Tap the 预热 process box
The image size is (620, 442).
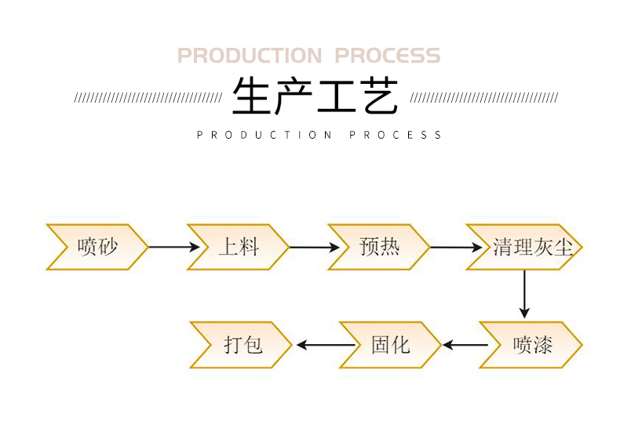379,247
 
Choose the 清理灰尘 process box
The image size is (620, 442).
524,247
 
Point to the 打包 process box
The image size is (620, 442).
242,345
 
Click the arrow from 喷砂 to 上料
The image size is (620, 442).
173,247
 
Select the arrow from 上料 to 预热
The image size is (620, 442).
314,247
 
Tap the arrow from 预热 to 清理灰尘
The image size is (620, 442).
455,247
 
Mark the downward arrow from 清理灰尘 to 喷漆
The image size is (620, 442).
525,294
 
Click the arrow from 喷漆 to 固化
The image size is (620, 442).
465,345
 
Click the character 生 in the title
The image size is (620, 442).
252,96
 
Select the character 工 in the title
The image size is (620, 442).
336,96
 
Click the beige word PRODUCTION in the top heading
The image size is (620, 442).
250,56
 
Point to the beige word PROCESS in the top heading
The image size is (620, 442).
388,56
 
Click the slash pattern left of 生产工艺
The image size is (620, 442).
148,98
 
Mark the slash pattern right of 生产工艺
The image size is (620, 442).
484,98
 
